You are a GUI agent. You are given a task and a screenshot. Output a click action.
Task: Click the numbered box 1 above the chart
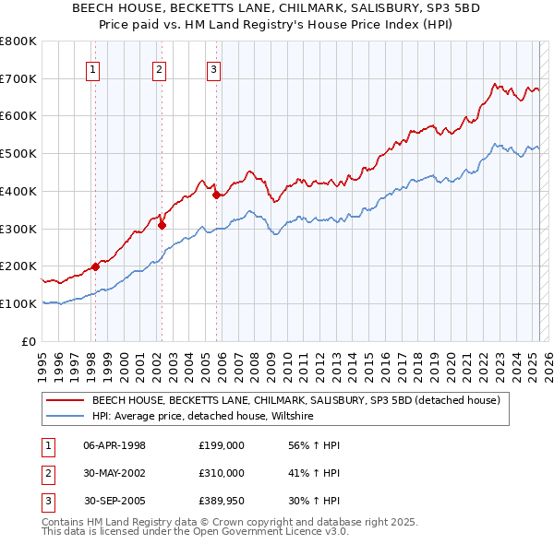pos(94,68)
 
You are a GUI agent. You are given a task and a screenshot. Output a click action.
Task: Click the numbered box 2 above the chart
pos(160,68)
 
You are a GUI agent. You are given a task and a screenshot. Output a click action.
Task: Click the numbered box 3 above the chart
pos(213,68)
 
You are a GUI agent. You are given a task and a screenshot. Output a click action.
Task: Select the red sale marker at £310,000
pos(162,224)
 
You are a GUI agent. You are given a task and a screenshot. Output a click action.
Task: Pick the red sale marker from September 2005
pos(216,195)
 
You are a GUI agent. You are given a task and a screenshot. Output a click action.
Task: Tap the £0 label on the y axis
pos(28,341)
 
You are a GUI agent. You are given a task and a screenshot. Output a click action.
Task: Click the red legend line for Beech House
pos(65,400)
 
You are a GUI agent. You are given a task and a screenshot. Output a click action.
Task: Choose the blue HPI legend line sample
pos(65,416)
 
